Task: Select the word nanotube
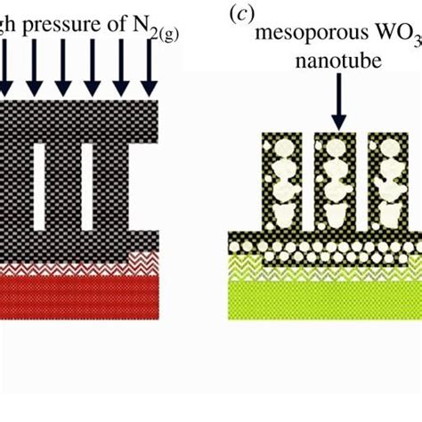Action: click(x=337, y=63)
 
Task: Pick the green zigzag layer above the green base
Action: click(x=321, y=265)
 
